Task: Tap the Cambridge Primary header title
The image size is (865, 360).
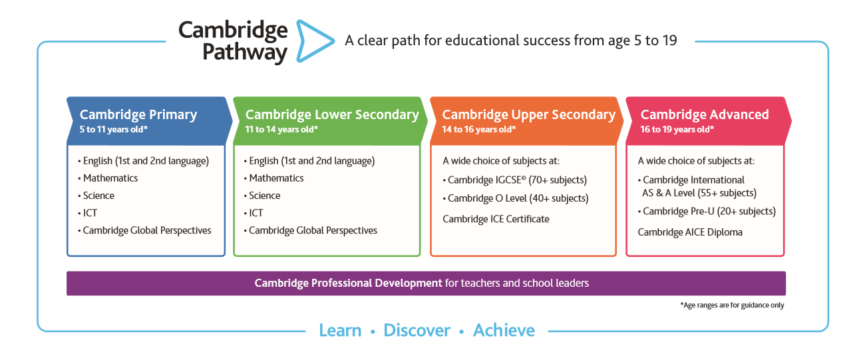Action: [138, 114]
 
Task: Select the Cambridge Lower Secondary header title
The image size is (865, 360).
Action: [332, 114]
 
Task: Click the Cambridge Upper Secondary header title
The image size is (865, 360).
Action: [528, 114]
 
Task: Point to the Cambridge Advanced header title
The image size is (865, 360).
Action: [705, 114]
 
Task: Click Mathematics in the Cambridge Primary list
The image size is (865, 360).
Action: [110, 178]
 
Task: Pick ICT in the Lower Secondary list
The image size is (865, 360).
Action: [256, 213]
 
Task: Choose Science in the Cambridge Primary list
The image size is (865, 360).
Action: [98, 196]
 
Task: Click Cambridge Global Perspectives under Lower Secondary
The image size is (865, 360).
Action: [313, 230]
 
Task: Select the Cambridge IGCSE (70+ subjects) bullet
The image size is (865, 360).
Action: [517, 180]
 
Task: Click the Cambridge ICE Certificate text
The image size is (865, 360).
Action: [496, 219]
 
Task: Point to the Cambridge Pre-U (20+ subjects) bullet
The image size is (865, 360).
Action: [709, 212]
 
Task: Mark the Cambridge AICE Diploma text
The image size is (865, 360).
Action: [690, 232]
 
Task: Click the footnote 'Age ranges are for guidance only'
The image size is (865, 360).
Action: [732, 305]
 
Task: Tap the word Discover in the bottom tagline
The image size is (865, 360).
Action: [417, 331]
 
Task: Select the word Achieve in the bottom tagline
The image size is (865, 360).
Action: [504, 331]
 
